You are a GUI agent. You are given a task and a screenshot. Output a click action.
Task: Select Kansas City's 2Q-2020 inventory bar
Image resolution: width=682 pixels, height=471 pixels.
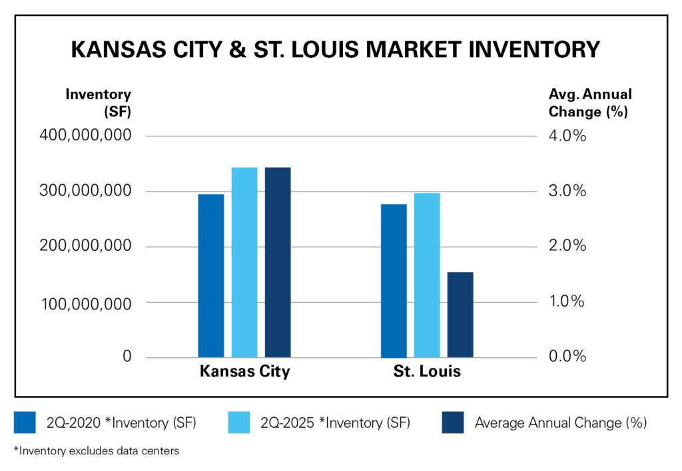(x=211, y=275)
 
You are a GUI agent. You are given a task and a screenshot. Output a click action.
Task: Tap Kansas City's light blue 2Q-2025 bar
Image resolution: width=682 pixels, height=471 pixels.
(x=244, y=262)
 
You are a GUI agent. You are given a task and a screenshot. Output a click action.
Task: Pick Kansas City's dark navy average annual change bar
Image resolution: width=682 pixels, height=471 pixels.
(x=278, y=262)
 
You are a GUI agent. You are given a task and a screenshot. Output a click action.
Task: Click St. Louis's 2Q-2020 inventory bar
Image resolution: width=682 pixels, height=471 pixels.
(x=394, y=281)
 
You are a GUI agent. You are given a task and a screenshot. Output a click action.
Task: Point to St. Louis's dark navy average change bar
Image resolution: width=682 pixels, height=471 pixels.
(x=460, y=315)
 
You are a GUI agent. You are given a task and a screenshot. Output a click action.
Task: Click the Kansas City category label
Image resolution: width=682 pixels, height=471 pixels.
(x=244, y=371)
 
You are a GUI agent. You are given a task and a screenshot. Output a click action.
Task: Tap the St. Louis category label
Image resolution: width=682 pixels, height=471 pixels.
(x=427, y=371)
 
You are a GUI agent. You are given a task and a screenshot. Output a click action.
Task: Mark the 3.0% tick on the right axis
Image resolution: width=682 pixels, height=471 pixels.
(x=567, y=192)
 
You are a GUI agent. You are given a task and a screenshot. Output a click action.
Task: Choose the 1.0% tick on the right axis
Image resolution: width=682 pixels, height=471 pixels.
(x=567, y=302)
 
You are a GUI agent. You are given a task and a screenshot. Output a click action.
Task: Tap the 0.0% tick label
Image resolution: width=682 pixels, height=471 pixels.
(x=567, y=357)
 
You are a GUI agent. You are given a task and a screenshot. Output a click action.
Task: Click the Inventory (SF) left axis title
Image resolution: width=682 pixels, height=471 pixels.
(x=98, y=103)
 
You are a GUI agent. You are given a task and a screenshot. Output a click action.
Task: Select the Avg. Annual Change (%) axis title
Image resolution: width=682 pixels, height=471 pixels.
(x=590, y=103)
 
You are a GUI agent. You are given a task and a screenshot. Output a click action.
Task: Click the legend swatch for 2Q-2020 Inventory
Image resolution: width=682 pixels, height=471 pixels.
(x=25, y=422)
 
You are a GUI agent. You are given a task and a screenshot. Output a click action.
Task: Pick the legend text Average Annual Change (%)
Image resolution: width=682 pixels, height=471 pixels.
(x=560, y=422)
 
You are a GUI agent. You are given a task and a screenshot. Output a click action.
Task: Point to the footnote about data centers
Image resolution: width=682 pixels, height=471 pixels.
(x=96, y=451)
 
